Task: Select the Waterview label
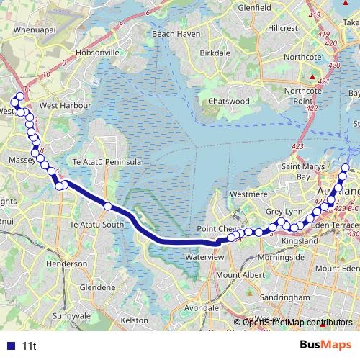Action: [204, 256]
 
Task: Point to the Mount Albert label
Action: [240, 275]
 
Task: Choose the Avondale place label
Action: [202, 307]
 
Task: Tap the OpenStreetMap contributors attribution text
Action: [297, 322]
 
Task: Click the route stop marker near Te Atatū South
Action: [108, 207]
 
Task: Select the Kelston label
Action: [135, 319]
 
